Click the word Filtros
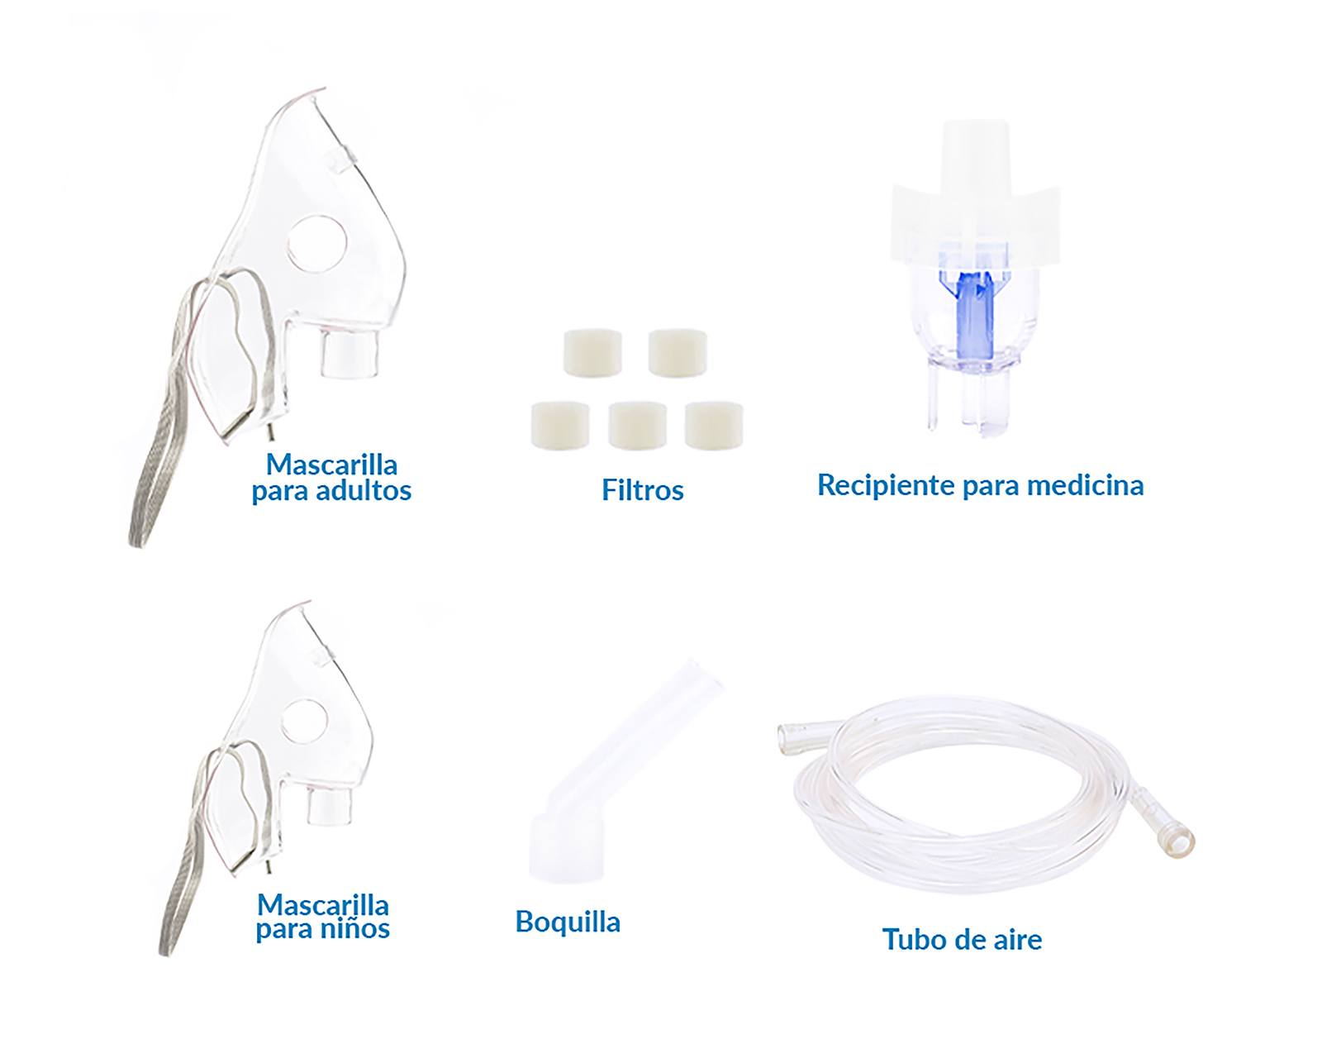tap(643, 490)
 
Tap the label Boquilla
tap(568, 922)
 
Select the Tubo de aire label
tap(962, 939)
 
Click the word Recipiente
tap(887, 486)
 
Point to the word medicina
tap(1086, 485)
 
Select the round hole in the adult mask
tap(317, 244)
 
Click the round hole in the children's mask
tap(304, 721)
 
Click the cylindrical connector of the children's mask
tap(329, 805)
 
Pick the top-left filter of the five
tap(592, 354)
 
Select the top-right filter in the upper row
tap(678, 353)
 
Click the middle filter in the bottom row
tap(637, 426)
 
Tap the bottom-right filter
tap(714, 426)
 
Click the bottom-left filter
tap(559, 426)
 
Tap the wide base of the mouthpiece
tap(567, 848)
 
